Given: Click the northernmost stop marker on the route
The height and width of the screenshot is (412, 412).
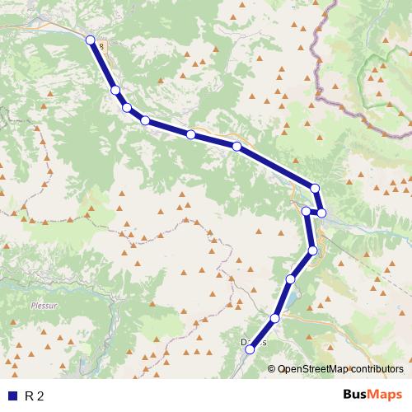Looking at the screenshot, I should [x=91, y=40].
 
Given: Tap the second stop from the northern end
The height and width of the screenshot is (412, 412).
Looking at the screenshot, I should [x=115, y=90].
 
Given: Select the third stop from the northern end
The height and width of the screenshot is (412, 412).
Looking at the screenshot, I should [x=127, y=107].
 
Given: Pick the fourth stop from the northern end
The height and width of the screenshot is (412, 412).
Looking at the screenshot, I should [x=145, y=121].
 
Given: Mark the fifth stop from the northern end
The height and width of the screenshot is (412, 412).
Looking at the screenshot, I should [x=190, y=134].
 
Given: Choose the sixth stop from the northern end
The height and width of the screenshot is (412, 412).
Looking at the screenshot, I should [x=236, y=147].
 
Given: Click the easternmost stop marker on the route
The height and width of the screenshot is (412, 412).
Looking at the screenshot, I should [x=322, y=213].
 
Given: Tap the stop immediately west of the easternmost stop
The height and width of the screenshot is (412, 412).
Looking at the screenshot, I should [x=307, y=212].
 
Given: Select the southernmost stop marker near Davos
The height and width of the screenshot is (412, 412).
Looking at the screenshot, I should [x=250, y=349].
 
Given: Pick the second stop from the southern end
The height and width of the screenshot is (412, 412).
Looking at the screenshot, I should [x=275, y=318].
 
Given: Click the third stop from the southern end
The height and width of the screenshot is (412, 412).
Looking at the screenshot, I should [x=291, y=280].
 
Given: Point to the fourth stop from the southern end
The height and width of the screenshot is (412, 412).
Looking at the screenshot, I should [x=312, y=250].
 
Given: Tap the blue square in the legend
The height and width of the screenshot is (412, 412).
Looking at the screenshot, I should [x=12, y=396].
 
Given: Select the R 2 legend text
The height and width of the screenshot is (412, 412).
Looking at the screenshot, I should [x=34, y=396].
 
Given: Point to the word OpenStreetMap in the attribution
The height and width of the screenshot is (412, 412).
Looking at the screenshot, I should [x=314, y=369].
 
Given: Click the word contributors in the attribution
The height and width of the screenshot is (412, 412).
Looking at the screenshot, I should [x=377, y=369].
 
